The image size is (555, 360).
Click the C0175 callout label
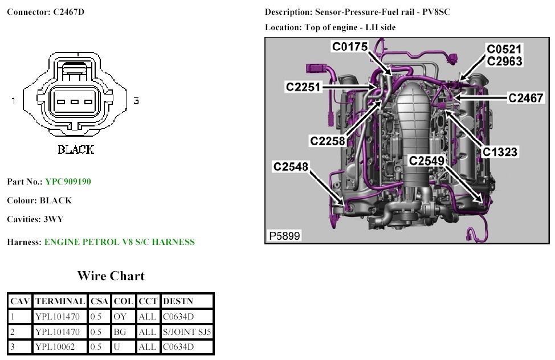click(350, 47)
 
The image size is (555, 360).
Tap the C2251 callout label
click(304, 87)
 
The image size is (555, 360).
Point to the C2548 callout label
click(291, 167)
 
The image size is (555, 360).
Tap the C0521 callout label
click(504, 49)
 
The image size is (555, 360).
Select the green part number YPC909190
click(68, 182)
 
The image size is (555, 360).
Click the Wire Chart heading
click(111, 276)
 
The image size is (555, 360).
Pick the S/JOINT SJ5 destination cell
click(187, 331)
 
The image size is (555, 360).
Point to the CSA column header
click(99, 301)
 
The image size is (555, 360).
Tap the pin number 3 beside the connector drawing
click(136, 101)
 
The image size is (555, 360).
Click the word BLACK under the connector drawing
click(76, 150)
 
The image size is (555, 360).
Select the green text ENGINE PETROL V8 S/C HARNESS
click(119, 242)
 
